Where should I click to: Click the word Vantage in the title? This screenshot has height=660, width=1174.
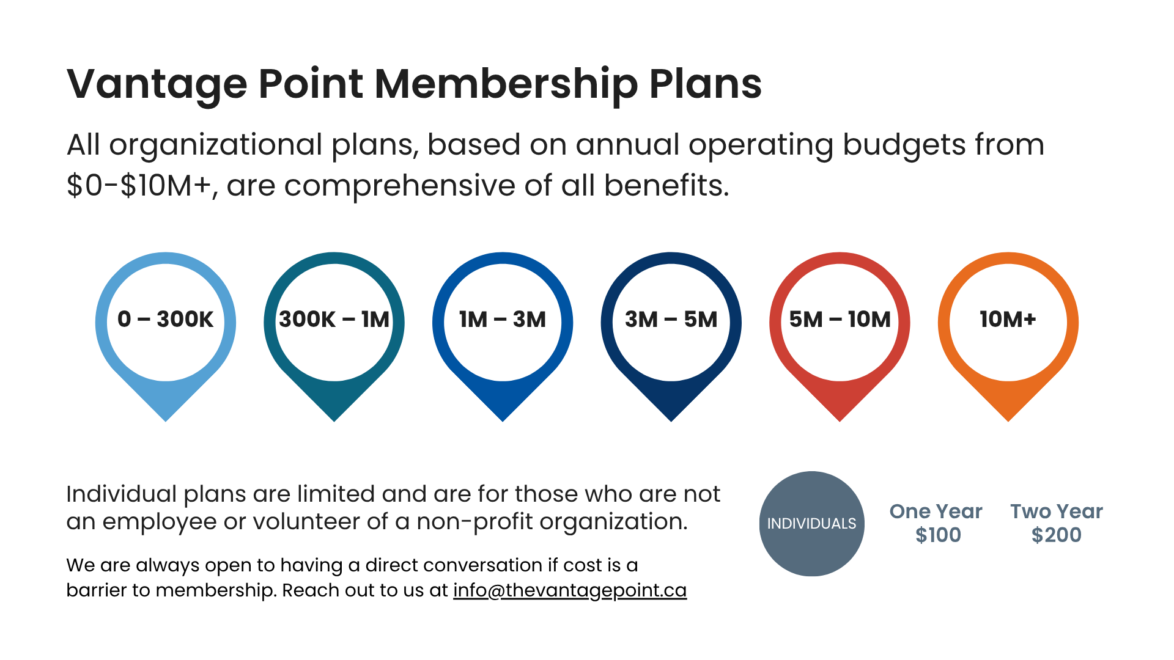(157, 84)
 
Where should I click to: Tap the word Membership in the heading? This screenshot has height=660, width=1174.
(506, 84)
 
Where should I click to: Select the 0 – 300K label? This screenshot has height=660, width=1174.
(165, 319)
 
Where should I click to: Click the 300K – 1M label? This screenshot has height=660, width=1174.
(334, 319)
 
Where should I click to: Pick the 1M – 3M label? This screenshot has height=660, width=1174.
(503, 319)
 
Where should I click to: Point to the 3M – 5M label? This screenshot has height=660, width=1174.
(671, 319)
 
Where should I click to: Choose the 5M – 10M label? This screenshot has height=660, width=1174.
(840, 319)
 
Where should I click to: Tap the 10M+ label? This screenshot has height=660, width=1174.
(1008, 319)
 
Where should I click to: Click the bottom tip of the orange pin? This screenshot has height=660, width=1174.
(1008, 417)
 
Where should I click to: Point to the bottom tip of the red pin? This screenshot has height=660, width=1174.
(840, 417)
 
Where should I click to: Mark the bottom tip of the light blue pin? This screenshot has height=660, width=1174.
(166, 417)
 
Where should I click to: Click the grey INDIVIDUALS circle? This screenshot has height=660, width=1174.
(811, 524)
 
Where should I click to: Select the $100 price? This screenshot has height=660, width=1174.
(938, 535)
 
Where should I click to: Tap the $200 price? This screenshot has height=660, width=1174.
(1056, 535)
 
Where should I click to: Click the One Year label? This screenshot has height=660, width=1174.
(936, 511)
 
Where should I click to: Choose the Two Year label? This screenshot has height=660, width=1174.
(1056, 511)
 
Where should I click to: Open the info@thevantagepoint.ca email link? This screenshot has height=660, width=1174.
(569, 590)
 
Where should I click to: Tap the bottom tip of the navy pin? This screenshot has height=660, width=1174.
(671, 417)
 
